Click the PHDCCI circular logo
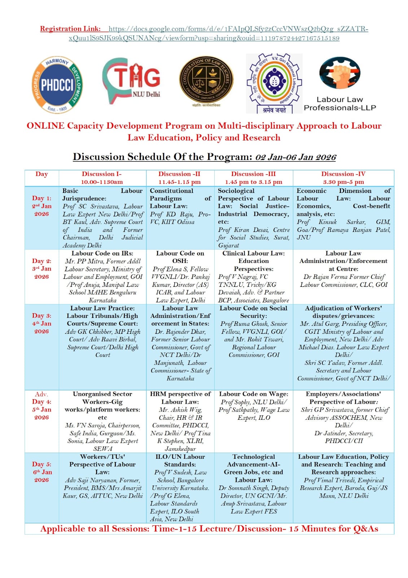pos(57,85)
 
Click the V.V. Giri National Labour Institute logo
pos(273,83)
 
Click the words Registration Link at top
pos(70,29)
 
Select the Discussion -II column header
pos(180,178)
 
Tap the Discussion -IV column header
pos(343,178)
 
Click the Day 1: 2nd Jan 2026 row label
pos(41,206)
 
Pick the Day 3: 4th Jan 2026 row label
pos(41,323)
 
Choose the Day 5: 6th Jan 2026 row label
pos(41,472)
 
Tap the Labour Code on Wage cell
pos(254,406)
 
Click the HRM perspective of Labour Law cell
pos(180,421)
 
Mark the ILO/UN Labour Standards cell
pos(180,488)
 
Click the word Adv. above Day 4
pos(41,394)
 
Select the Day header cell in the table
pos(41,174)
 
